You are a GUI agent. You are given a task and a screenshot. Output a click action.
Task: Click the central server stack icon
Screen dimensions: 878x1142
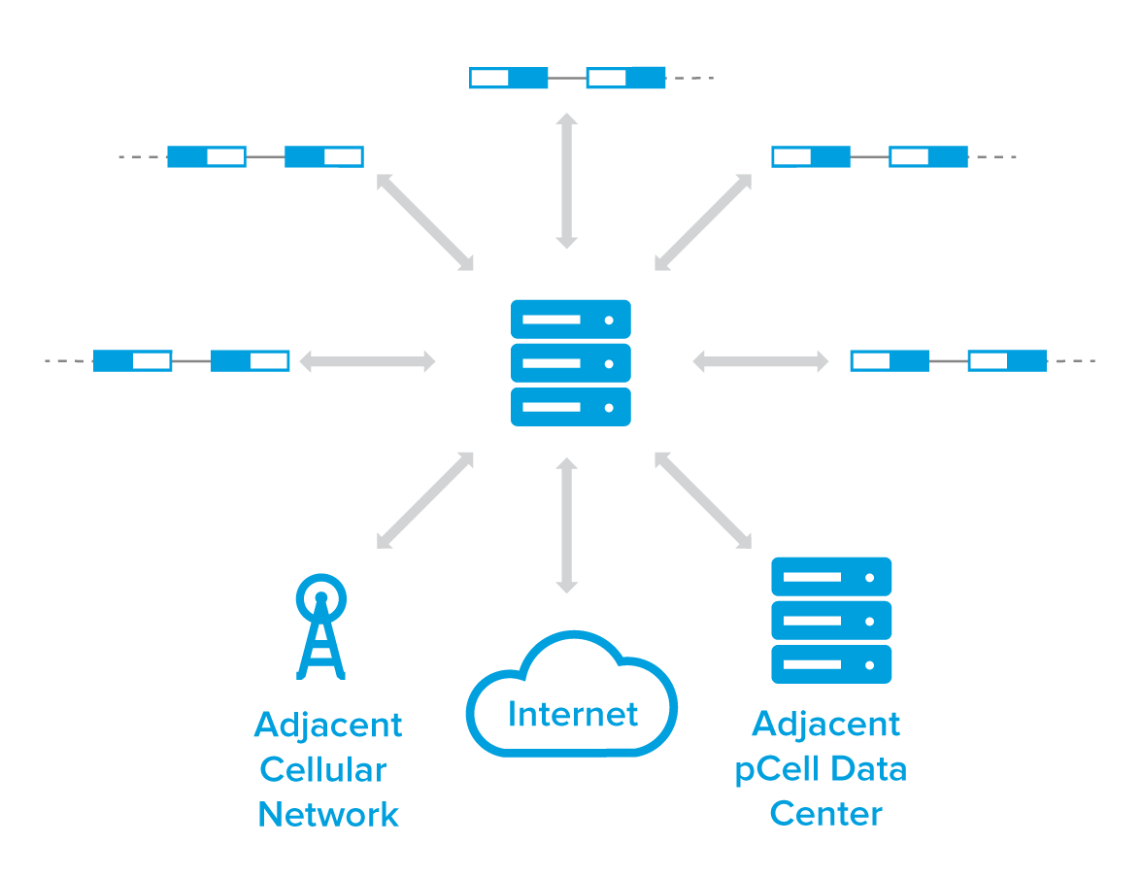coord(571,362)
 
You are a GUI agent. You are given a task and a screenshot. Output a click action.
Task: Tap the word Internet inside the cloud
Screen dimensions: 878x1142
coord(573,715)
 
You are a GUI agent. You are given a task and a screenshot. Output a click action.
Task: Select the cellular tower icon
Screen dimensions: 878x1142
coord(320,626)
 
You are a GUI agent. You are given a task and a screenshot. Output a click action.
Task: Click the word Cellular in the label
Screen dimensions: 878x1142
coord(322,770)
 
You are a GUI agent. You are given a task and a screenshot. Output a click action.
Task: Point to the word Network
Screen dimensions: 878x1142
coord(328,815)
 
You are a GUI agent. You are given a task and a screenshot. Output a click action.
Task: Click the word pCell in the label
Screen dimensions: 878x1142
coord(774,770)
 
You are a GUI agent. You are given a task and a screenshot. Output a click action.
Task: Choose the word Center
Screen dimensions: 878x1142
coord(825,814)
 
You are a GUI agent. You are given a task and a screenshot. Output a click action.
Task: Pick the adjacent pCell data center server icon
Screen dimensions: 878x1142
coord(831,620)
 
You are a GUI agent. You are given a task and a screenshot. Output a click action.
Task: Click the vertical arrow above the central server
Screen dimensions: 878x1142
coord(567,181)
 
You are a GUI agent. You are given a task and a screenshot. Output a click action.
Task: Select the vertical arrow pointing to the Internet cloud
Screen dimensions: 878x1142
coord(567,524)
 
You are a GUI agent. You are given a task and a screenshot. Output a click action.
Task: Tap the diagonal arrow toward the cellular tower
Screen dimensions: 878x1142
coord(425,500)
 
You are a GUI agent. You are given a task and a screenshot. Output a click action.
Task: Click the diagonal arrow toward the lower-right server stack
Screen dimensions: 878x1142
coord(703,500)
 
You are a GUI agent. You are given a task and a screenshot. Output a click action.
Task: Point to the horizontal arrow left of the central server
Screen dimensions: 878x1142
coord(367,361)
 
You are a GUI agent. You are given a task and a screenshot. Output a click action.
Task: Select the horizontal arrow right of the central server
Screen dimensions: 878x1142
coord(760,361)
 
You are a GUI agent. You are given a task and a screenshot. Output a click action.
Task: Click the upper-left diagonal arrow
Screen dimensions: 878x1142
coord(425,222)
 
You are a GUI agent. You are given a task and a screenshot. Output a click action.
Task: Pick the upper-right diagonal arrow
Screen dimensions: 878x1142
coord(703,222)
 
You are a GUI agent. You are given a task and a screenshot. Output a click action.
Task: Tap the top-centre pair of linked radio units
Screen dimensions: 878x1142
coord(568,78)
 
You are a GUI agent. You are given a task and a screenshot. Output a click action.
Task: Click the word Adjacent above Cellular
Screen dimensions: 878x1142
coord(328,726)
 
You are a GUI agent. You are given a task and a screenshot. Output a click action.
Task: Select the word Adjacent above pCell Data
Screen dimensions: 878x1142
coord(826,725)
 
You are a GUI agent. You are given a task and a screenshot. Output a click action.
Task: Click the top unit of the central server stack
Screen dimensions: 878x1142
coord(571,320)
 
